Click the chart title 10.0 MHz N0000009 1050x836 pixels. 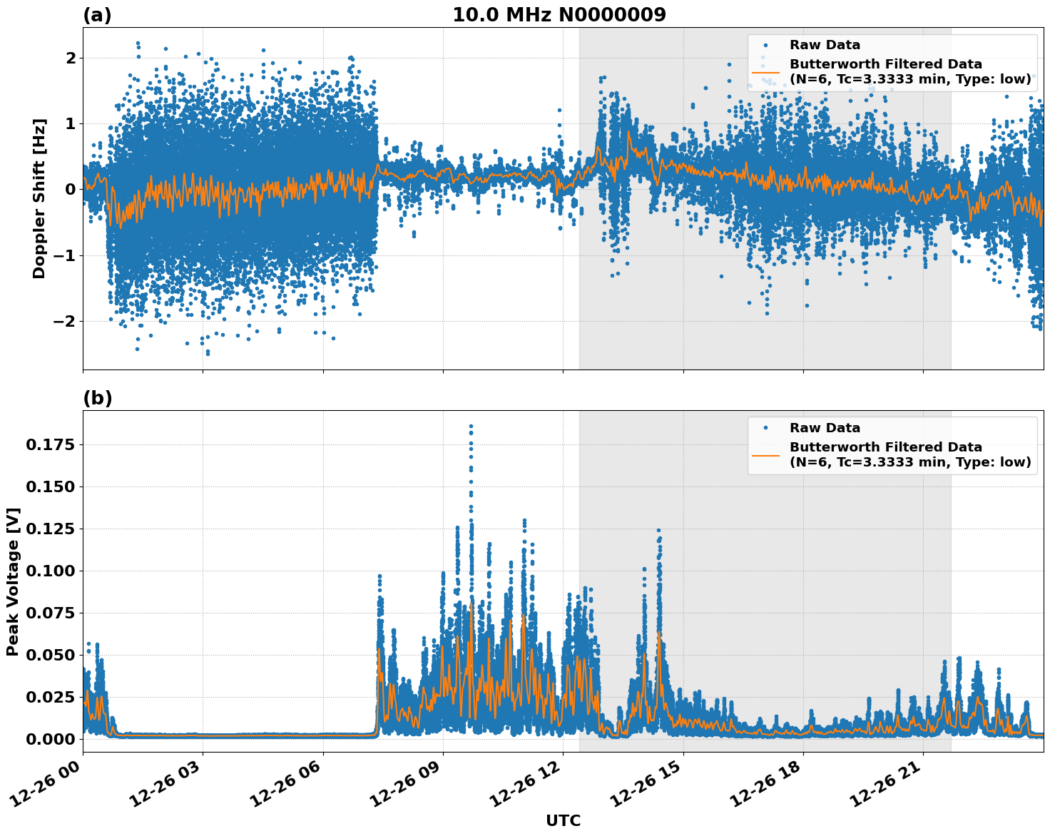pyautogui.click(x=559, y=15)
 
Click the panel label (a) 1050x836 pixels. pyautogui.click(x=97, y=15)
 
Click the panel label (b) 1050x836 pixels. pyautogui.click(x=97, y=398)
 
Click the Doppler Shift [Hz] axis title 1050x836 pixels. pyautogui.click(x=39, y=198)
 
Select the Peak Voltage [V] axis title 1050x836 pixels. pyautogui.click(x=13, y=581)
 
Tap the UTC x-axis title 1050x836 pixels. pyautogui.click(x=563, y=820)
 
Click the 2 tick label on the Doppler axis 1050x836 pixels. pyautogui.click(x=70, y=58)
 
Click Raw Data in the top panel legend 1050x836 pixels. pyautogui.click(x=825, y=45)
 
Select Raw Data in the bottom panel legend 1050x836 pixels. pyautogui.click(x=825, y=428)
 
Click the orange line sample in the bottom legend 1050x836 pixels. pyautogui.click(x=765, y=454)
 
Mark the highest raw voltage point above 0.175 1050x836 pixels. pyautogui.click(x=471, y=426)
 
